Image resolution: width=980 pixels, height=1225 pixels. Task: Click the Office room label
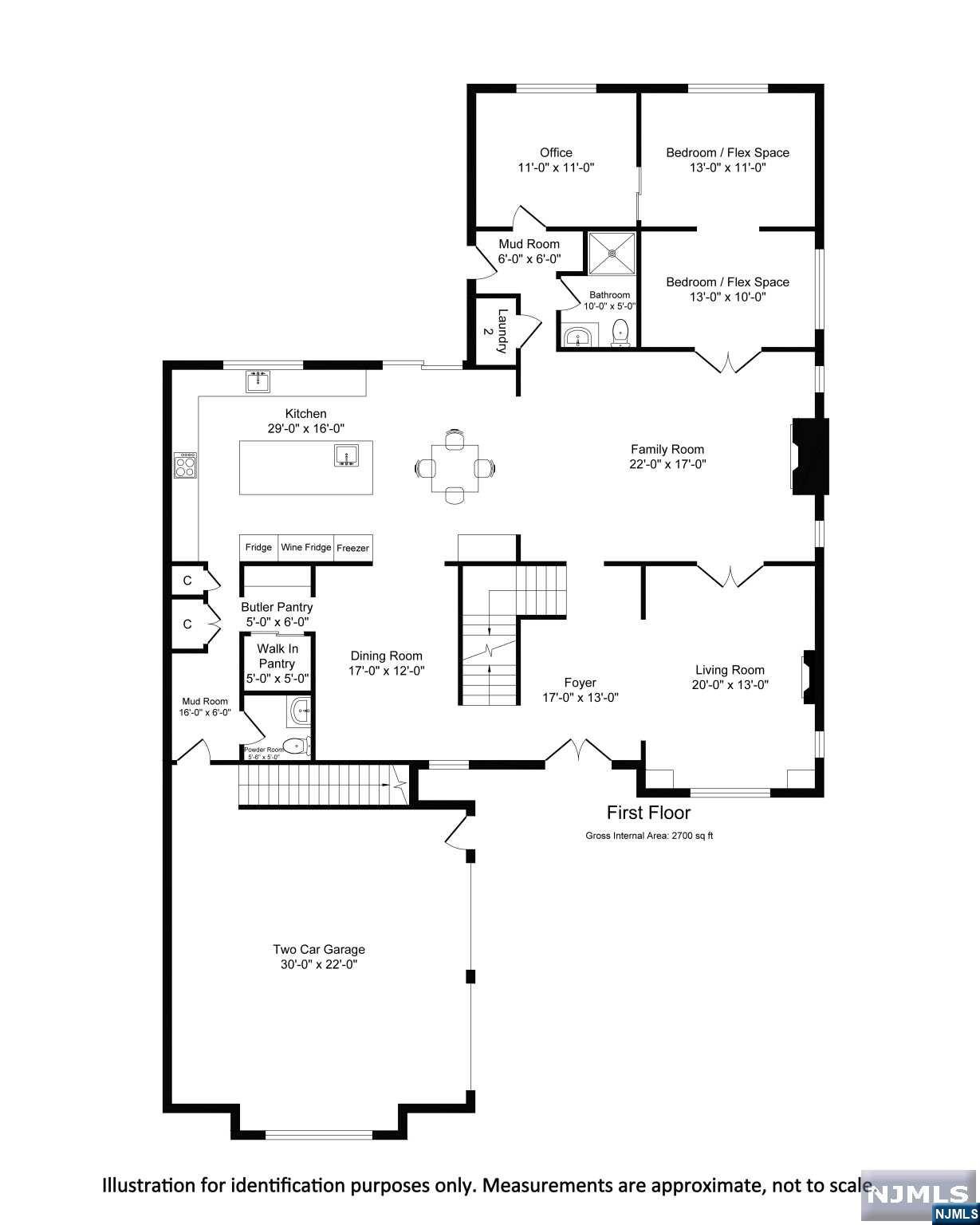pyautogui.click(x=556, y=152)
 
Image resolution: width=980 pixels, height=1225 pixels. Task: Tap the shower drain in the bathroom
pyautogui.click(x=612, y=253)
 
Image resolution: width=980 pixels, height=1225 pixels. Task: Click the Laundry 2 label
pyautogui.click(x=494, y=331)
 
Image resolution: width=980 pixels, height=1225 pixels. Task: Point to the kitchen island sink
pyautogui.click(x=345, y=455)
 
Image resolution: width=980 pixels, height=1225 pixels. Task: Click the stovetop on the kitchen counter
pyautogui.click(x=186, y=465)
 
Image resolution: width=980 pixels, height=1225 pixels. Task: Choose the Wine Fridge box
pyautogui.click(x=305, y=548)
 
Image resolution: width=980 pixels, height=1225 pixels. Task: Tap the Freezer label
pyautogui.click(x=352, y=548)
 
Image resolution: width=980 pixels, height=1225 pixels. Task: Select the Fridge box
pyautogui.click(x=258, y=548)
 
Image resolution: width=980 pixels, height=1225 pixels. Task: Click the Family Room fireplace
pyautogui.click(x=809, y=456)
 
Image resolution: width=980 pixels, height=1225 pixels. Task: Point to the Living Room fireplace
pyautogui.click(x=809, y=676)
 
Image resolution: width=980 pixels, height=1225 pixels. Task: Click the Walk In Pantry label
pyautogui.click(x=277, y=656)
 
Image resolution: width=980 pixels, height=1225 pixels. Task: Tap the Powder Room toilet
pyautogui.click(x=297, y=746)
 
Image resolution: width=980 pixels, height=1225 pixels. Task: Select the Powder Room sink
pyautogui.click(x=300, y=711)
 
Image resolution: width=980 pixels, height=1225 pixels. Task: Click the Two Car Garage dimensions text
pyautogui.click(x=319, y=964)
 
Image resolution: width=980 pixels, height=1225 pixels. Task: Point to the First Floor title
pyautogui.click(x=648, y=813)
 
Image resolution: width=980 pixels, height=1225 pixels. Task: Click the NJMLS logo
pyautogui.click(x=919, y=1194)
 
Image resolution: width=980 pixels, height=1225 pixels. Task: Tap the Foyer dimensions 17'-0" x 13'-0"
pyautogui.click(x=580, y=697)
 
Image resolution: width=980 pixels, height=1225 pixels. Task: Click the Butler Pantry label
pyautogui.click(x=277, y=608)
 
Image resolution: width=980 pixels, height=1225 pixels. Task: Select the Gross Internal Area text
pyautogui.click(x=649, y=836)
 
